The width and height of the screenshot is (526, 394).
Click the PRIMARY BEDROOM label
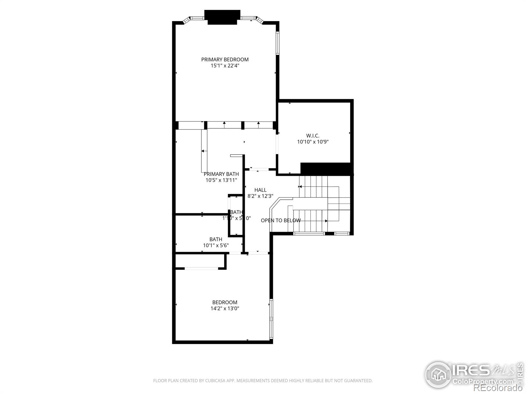225,59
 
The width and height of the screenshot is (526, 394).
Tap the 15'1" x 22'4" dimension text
225,66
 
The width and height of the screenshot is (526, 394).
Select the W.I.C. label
313,136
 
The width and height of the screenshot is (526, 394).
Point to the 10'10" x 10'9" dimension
313,142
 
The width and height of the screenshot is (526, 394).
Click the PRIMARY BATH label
221,174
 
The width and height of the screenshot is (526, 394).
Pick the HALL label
260,190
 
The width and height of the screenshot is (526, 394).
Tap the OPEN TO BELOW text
280,220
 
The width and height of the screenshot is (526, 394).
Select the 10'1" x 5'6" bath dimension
216,245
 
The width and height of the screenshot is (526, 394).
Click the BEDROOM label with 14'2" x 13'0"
225,302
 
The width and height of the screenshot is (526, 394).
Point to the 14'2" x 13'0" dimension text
225,309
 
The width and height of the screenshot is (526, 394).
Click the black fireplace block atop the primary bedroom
222,17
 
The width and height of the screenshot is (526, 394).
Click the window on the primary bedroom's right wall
278,43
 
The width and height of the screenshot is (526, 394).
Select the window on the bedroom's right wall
271,318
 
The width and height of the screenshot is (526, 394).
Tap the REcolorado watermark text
499,389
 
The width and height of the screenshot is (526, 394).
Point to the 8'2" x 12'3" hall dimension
260,196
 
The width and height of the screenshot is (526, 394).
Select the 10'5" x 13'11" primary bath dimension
221,180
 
